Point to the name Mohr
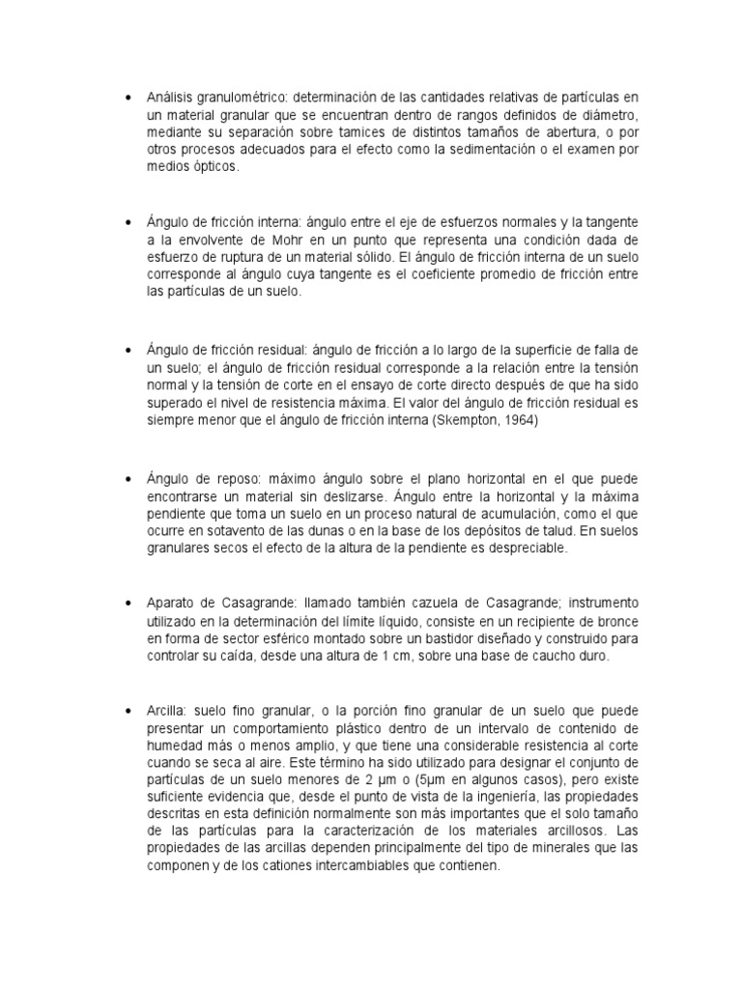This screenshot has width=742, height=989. (x=327, y=240)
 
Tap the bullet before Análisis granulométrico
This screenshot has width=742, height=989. (x=128, y=99)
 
